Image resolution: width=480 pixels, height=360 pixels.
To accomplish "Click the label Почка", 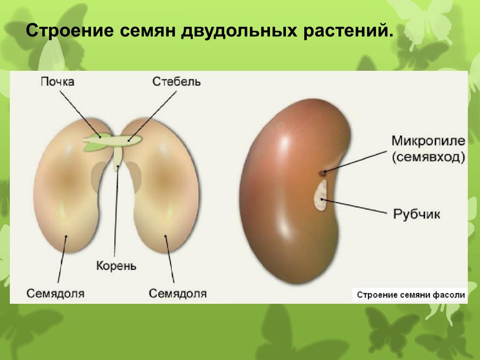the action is tap(58, 82).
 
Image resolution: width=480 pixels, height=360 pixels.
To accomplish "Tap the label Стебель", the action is tap(176, 82).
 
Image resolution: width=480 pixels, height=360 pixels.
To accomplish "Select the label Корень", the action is tap(116, 266).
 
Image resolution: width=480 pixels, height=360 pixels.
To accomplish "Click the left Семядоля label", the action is tap(55, 293).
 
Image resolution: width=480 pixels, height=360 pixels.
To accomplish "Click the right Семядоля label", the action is tap(178, 293).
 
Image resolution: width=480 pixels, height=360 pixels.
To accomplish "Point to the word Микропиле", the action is tap(428, 141).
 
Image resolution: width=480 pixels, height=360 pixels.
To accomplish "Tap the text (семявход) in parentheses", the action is tap(428, 157).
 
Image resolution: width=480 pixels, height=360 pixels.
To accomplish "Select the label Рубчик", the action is tap(416, 214).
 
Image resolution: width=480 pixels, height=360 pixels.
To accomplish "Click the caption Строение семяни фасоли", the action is tap(411, 295).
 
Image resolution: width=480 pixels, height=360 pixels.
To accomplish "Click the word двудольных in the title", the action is tap(239, 30).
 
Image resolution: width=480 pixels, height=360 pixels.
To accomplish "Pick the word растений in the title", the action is tap(348, 30).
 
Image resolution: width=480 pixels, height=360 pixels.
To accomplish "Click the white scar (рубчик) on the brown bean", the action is tap(321, 195).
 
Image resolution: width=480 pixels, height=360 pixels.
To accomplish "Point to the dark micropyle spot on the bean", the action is tap(322, 173).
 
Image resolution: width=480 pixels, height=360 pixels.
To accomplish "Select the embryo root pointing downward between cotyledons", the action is tap(118, 158).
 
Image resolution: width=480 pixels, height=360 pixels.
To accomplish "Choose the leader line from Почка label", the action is tap(80, 114).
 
